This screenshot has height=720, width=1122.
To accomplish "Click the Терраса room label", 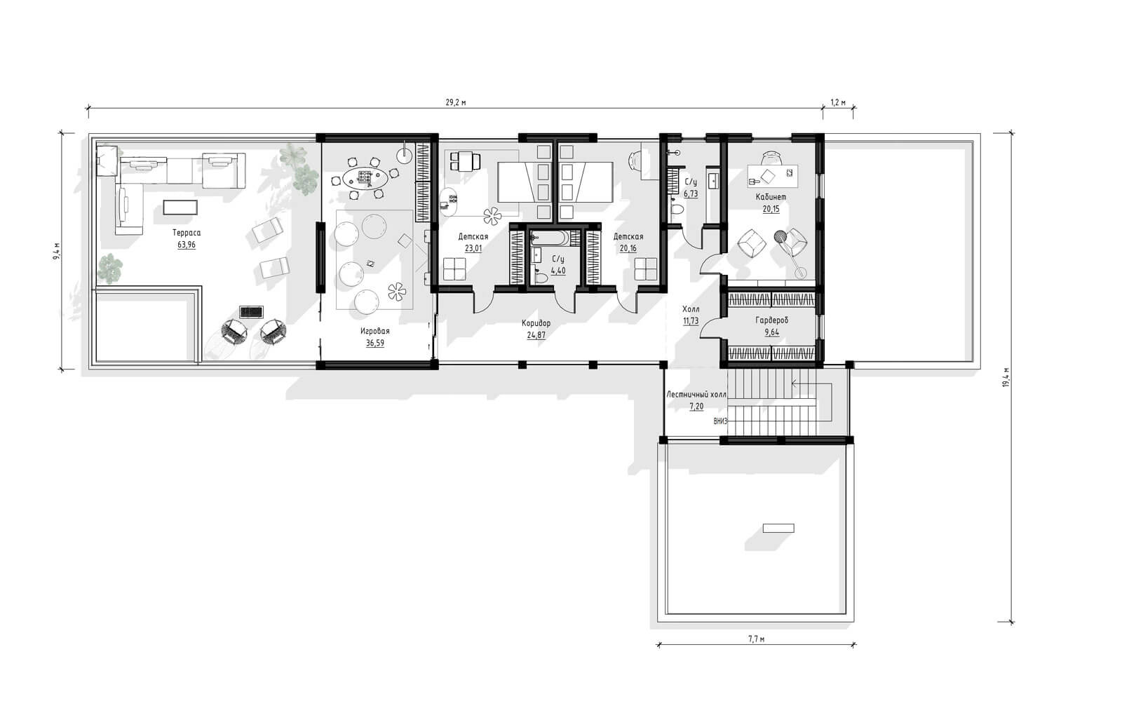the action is (187, 233).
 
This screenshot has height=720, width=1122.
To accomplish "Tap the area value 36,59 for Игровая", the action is (374, 344).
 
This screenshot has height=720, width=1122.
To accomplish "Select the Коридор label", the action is (536, 323).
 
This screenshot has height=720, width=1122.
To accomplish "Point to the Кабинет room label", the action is (771, 197).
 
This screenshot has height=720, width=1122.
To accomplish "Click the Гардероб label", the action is (771, 320).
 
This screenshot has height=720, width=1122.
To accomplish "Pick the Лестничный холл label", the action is (696, 395).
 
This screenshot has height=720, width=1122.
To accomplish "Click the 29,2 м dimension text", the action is (456, 102).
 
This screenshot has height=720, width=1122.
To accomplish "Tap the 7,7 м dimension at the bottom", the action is (757, 639).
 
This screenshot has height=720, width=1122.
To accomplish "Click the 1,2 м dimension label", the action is (838, 102).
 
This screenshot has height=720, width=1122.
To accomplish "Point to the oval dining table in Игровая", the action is (365, 178).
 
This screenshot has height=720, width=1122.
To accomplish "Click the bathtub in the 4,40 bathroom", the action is (550, 238).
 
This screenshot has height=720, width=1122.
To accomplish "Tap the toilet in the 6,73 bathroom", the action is (677, 210).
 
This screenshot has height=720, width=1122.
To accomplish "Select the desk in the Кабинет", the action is (772, 176).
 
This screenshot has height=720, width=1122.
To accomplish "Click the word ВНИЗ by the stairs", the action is (720, 421).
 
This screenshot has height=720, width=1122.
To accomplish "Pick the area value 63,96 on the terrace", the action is (187, 245).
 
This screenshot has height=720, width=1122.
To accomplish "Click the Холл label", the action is (691, 309).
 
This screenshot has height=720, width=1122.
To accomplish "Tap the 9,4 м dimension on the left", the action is (57, 251).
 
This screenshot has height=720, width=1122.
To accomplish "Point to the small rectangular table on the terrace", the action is (180, 208).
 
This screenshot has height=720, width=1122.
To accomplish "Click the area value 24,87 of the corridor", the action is (536, 336).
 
